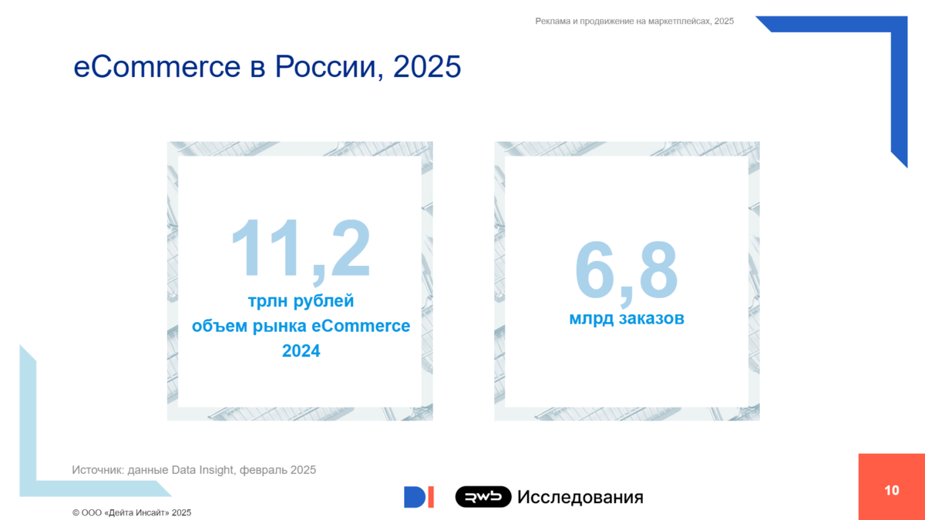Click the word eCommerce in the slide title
pos(157,66)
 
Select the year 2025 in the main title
pos(427,66)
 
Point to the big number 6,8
pos(627,273)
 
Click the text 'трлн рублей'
pos(301,301)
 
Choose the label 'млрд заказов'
pos(627,318)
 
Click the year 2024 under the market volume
pos(301,351)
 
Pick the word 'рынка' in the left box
pos(280,327)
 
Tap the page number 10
pos(892,490)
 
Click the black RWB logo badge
pos(483,496)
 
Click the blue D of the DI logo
pos(414,497)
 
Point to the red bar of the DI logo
pos(431,497)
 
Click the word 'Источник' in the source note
pos(98,470)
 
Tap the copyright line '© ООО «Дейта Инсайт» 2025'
pos(132,512)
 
